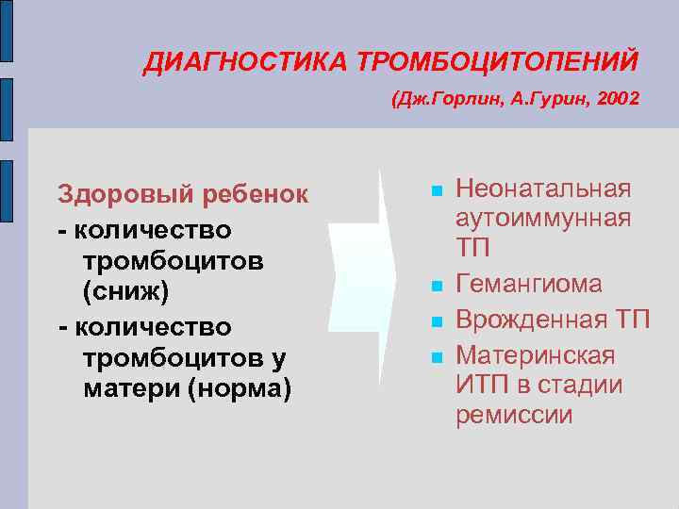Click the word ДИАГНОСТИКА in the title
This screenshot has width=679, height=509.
coord(246,62)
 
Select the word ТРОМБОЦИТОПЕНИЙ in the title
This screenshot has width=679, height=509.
coord(497,62)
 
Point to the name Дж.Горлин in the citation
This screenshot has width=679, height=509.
coord(442,98)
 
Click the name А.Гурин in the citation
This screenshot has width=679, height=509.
coord(538,98)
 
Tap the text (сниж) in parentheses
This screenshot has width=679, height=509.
coord(125,293)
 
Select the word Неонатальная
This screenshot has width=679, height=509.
coord(542,189)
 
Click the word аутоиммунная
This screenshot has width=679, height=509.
coord(542,219)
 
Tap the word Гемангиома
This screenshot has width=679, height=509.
coord(528,285)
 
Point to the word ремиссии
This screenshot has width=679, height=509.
coord(513,416)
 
